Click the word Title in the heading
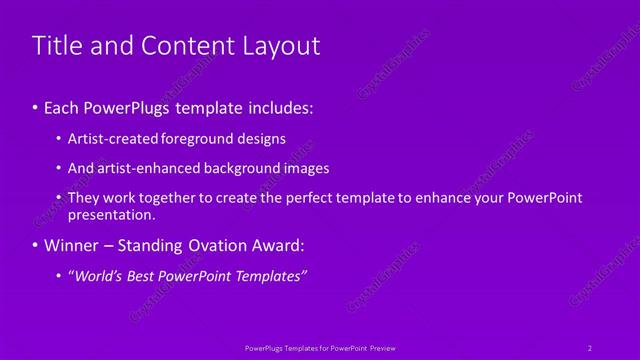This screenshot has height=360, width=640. (56, 46)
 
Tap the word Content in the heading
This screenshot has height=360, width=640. (187, 46)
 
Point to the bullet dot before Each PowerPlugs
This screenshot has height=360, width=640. (36, 106)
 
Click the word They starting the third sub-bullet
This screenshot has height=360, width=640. (84, 198)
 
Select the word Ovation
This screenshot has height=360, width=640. (214, 245)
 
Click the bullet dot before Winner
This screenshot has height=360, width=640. (36, 246)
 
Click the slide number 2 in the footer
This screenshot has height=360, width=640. (590, 347)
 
